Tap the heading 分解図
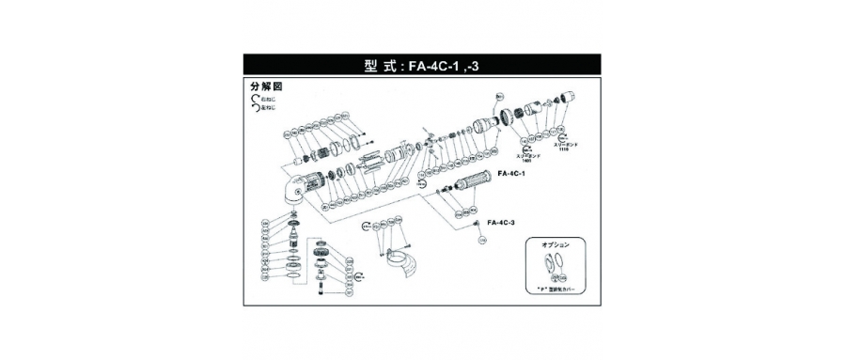[x=266, y=86]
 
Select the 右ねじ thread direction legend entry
[x=266, y=98]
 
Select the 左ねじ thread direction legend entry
[x=266, y=109]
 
